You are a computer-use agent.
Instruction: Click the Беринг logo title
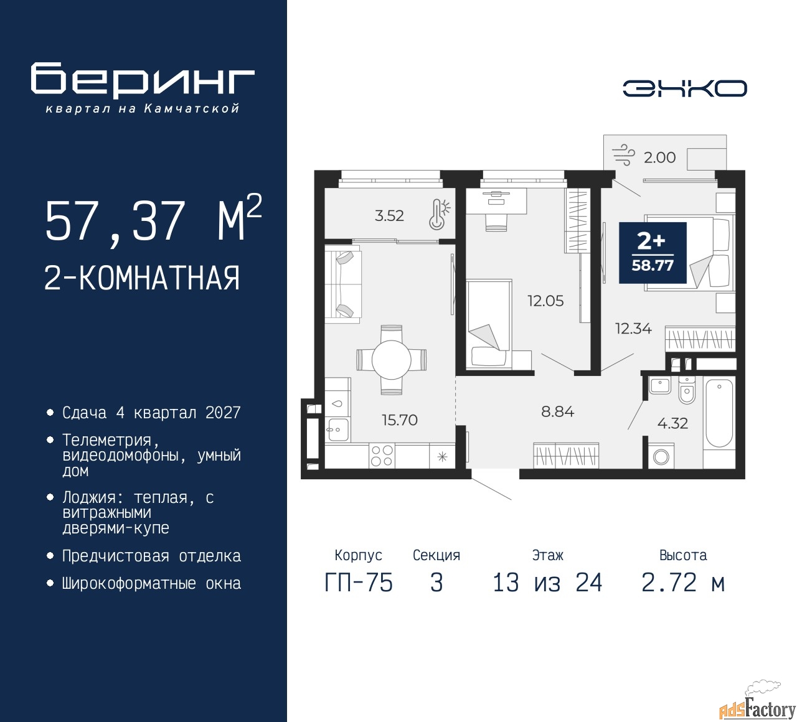(143, 82)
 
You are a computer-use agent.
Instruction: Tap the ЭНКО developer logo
(684, 88)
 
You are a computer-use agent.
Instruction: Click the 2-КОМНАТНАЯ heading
(142, 278)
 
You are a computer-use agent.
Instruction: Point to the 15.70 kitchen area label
(400, 420)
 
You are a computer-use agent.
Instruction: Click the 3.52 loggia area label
(389, 215)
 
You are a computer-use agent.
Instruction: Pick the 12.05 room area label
(545, 301)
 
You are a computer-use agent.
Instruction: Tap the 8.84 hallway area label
(557, 412)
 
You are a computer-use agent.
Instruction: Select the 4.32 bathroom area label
(672, 423)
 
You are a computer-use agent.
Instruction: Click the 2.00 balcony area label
(659, 157)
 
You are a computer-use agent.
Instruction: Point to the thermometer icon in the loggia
(440, 215)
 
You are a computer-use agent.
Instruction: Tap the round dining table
(392, 360)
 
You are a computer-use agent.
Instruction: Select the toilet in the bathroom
(686, 390)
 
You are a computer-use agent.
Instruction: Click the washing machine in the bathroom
(661, 456)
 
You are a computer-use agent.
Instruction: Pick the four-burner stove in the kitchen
(382, 456)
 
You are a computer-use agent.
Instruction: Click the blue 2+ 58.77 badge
(653, 253)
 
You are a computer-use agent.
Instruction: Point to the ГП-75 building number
(359, 583)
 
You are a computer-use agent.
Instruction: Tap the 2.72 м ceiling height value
(683, 583)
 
